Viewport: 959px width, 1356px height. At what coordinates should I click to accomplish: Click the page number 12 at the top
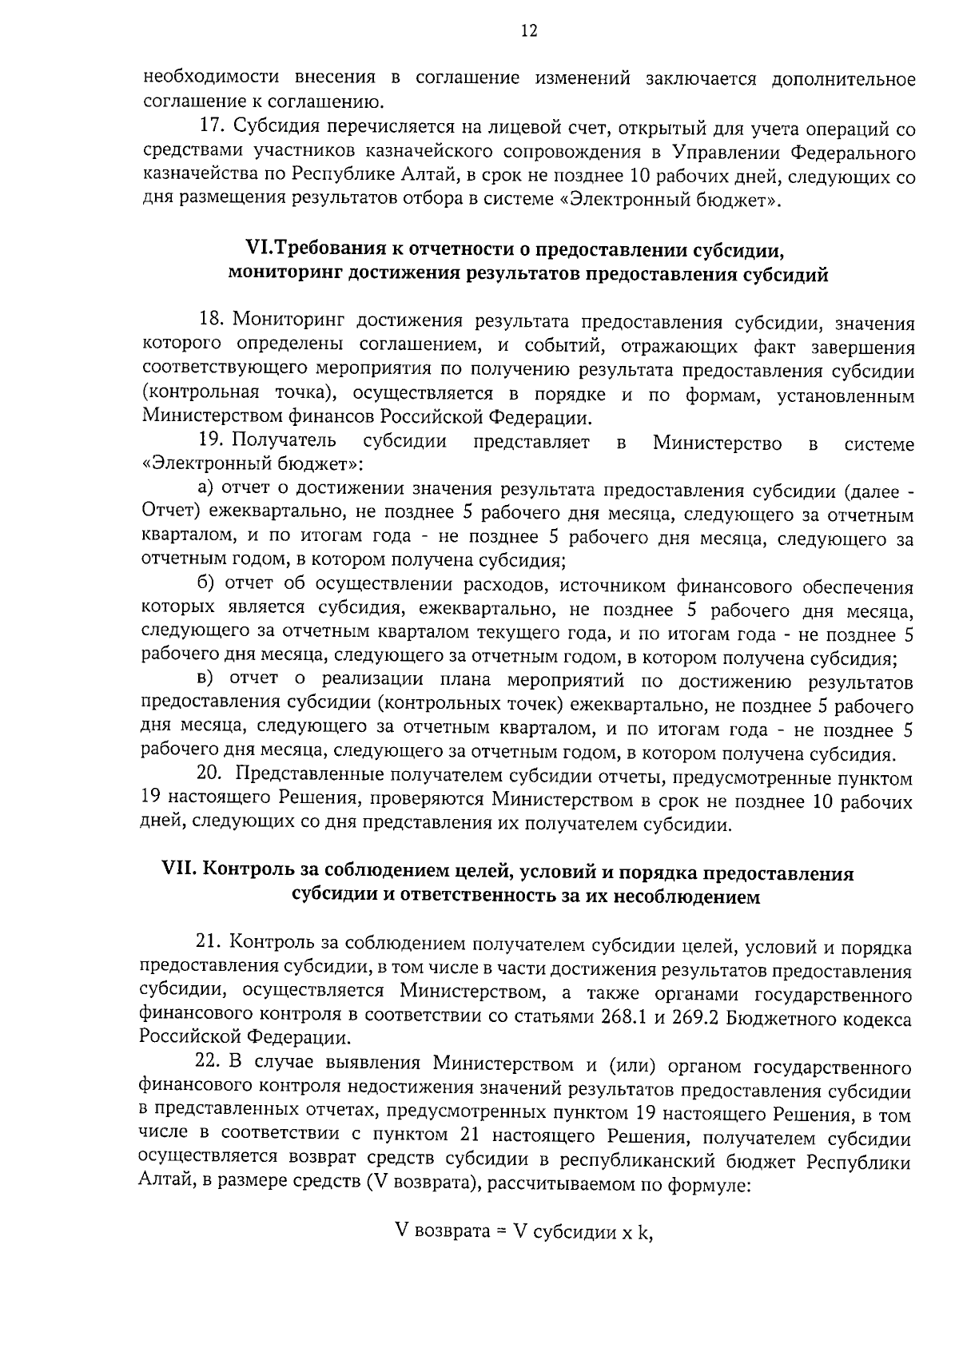[x=529, y=31]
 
